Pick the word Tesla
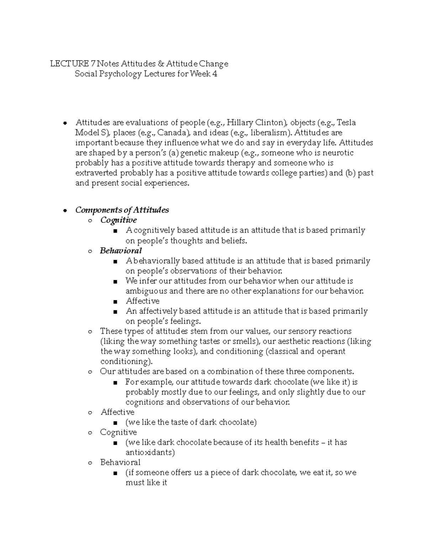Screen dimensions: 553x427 (346, 123)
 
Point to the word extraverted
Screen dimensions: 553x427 (96, 173)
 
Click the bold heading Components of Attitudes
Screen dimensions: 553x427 (122, 210)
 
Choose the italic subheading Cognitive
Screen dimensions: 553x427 (118, 220)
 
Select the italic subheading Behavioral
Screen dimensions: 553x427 (121, 251)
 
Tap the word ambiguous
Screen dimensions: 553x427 (146, 291)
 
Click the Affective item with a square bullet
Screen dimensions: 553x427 (143, 301)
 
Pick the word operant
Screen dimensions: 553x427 (332, 351)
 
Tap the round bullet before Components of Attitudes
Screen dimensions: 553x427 (65, 210)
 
